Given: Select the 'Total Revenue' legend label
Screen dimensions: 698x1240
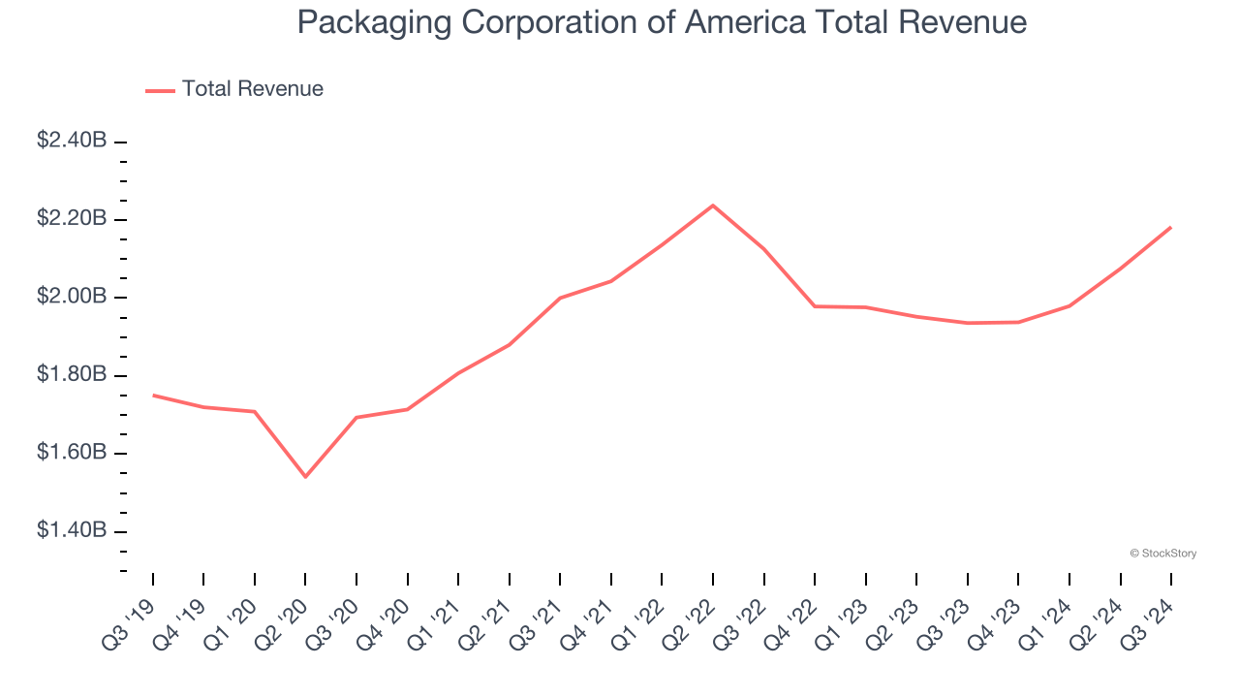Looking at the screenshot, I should [x=252, y=89].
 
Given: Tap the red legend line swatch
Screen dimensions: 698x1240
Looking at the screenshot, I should [x=160, y=90].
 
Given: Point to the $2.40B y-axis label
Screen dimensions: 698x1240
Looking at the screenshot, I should [x=72, y=141].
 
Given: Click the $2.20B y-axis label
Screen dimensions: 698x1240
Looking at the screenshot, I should [x=72, y=218].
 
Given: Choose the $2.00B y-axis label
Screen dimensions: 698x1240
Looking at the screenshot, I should [x=72, y=296].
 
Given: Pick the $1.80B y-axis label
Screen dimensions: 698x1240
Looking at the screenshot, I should [x=72, y=374].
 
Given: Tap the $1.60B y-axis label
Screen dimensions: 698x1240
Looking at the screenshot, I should [x=72, y=452].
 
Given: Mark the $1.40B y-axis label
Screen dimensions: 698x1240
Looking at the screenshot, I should [x=72, y=530].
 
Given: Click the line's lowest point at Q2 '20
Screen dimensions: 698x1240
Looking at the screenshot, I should [x=305, y=476].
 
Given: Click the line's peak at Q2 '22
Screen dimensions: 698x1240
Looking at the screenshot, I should [x=713, y=206].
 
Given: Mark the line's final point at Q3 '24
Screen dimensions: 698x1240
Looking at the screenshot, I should [x=1170, y=228].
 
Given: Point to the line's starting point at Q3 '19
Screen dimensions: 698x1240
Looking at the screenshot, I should [x=153, y=396].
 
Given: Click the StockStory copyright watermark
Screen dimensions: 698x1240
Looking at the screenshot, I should [x=1162, y=554].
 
